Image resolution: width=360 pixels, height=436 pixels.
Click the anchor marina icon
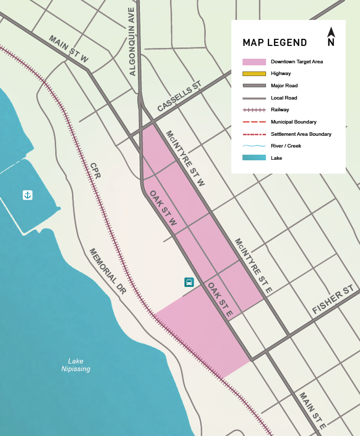tap(28, 195)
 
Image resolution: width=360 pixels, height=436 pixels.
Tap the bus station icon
tap(189, 282)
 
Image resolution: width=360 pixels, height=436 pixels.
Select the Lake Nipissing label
tap(76, 365)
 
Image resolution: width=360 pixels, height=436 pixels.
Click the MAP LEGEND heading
tap(275, 42)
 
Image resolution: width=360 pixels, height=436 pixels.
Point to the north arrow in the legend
tap(331, 37)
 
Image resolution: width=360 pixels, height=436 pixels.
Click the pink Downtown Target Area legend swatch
tap(254, 62)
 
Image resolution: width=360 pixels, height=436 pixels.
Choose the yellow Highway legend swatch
tap(254, 74)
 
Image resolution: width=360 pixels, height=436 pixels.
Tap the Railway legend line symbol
tap(254, 110)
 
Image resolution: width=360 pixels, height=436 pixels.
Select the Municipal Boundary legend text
tap(294, 122)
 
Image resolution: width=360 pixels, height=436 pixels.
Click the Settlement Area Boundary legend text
tap(301, 134)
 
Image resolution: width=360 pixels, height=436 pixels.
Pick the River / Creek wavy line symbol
tap(254, 146)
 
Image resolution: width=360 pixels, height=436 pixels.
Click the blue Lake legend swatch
tap(254, 158)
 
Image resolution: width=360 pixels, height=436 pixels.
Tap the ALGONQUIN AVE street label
tap(132, 41)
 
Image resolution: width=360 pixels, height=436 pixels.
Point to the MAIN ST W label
tap(68, 49)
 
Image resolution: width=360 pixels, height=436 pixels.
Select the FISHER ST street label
tap(333, 300)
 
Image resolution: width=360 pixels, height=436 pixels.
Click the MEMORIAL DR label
tap(107, 271)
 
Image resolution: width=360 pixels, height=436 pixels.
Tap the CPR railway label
tap(95, 171)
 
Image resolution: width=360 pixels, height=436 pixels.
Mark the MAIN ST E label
tap(313, 410)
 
